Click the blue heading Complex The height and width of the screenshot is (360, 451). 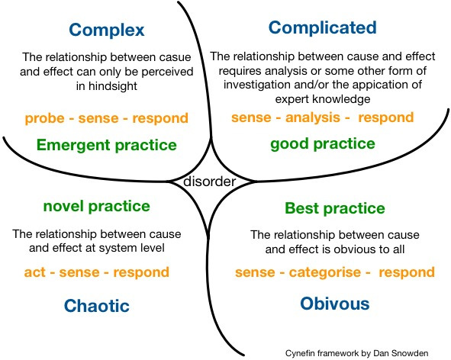tap(106, 31)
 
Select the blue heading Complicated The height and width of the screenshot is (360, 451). tap(323, 28)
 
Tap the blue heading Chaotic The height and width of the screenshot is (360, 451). tap(96, 306)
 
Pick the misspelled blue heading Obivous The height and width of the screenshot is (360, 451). tap(335, 304)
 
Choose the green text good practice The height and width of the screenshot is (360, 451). tap(323, 143)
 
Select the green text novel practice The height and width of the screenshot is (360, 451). tap(96, 207)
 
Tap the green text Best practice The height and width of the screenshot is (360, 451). tap(335, 208)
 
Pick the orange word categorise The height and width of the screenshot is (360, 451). tap(314, 272)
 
